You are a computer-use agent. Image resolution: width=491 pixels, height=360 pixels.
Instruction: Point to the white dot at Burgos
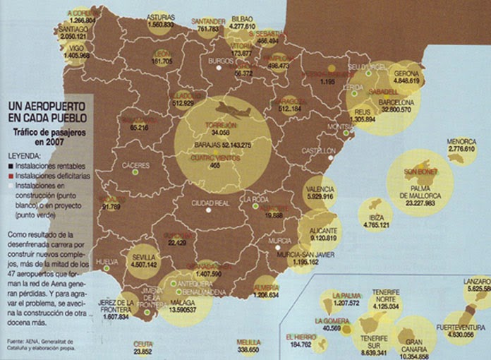pos(220,71)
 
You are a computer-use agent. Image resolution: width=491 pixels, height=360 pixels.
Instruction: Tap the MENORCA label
pos(461,141)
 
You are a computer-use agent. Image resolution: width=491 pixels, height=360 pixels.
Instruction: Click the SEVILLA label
pos(145,258)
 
